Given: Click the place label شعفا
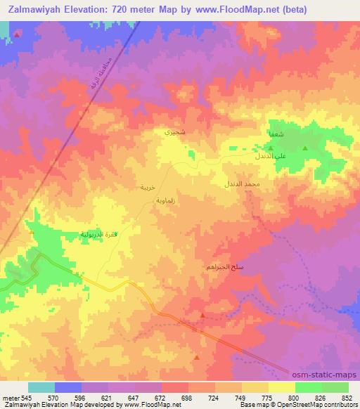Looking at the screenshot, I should click(276, 133).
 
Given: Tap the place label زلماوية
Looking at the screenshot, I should click(155, 200).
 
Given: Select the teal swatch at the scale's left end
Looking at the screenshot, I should click(41, 388).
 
